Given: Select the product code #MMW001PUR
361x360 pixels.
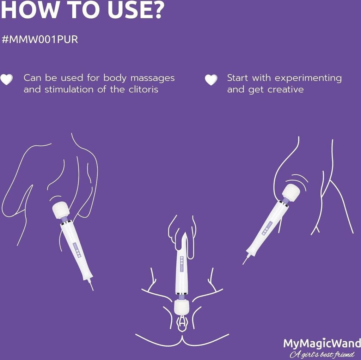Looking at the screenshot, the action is [40, 39].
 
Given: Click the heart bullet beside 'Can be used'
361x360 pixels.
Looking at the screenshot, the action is [6, 79].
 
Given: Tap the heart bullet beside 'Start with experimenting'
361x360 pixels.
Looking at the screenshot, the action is [211, 80].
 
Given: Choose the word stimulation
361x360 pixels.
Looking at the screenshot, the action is [69, 89].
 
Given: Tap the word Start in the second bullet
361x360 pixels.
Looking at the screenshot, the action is [238, 78].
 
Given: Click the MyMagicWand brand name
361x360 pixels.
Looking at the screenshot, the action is [322, 343].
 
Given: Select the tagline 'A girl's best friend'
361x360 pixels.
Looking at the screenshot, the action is [322, 354].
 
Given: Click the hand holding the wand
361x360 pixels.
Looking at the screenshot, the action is [182, 237].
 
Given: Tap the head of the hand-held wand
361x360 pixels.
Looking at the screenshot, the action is [182, 307].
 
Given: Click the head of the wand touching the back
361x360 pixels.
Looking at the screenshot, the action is [61, 210].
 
